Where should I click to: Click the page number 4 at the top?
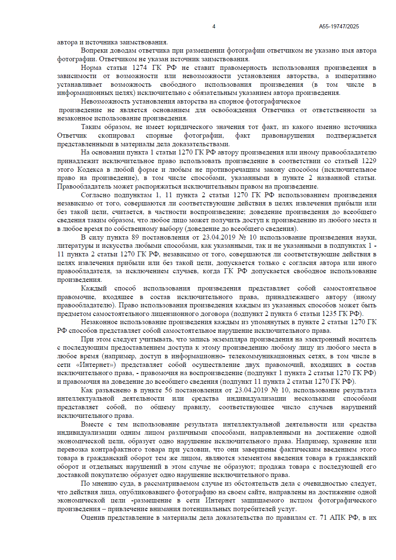(x=214, y=26)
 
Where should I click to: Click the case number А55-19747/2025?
(x=339, y=26)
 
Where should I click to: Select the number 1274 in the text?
(x=140, y=68)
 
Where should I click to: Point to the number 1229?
(x=369, y=161)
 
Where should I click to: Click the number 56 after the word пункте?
(x=168, y=390)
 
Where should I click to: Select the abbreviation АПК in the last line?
(x=337, y=518)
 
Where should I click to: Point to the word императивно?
(x=356, y=76)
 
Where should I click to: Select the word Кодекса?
(x=90, y=170)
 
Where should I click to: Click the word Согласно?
(x=95, y=195)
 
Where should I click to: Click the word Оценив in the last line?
(x=92, y=518)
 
